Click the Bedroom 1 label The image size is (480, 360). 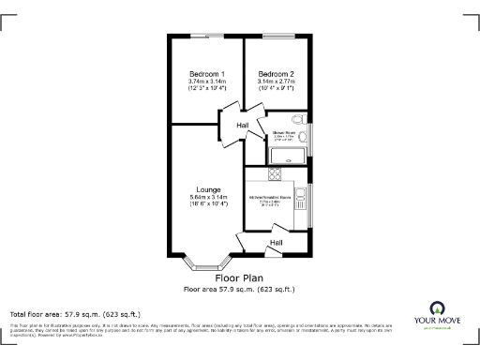pyautogui.click(x=206, y=74)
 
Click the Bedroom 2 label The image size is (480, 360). pyautogui.click(x=277, y=74)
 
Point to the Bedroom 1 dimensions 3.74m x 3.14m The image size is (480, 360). pyautogui.click(x=206, y=82)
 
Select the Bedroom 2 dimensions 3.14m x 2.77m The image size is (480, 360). pyautogui.click(x=277, y=82)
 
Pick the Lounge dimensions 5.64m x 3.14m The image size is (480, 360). pyautogui.click(x=209, y=197)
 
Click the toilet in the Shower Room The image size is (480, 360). pyautogui.click(x=297, y=120)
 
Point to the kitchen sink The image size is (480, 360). pyautogui.click(x=301, y=198)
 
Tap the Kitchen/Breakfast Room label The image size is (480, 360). pyautogui.click(x=269, y=198)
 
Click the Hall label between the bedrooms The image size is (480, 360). pyautogui.click(x=243, y=126)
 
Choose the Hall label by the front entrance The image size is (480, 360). pyautogui.click(x=277, y=243)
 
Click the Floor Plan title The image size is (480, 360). pyautogui.click(x=239, y=278)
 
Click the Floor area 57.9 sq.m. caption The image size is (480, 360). pyautogui.click(x=239, y=290)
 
